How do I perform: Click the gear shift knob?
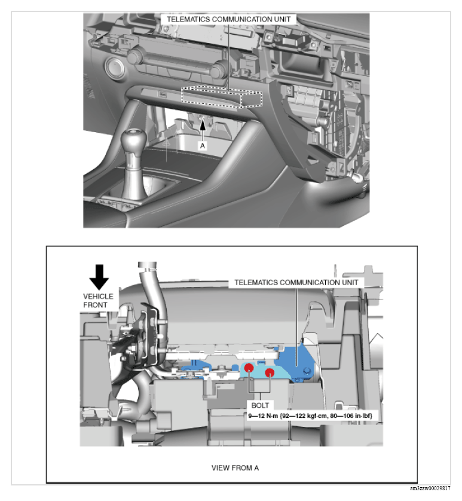coord(133,140)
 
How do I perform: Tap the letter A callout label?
coord(202,146)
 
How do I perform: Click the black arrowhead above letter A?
coord(202,124)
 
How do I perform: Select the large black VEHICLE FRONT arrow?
coord(99,277)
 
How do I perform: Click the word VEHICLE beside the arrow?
coord(98,296)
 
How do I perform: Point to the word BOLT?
coord(260,405)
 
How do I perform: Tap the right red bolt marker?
coord(270,372)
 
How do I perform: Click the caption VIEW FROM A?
coord(235,468)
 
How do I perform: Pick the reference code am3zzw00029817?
coord(430,488)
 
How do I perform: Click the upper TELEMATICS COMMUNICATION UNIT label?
coord(229,19)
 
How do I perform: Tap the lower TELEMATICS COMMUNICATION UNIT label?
coord(296,282)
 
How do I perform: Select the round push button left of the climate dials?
coord(115,68)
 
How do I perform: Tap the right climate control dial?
coord(219,70)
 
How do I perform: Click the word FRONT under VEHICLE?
coord(95,305)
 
